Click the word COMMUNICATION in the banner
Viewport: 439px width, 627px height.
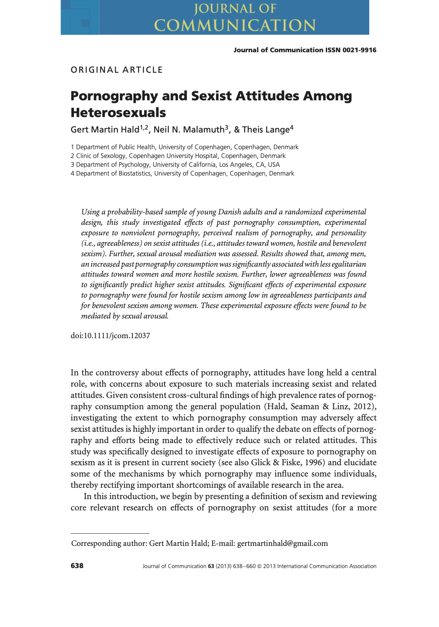click(x=235, y=26)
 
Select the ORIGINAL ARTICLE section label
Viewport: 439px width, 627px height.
click(x=117, y=70)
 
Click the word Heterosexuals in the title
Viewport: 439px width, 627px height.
click(x=118, y=112)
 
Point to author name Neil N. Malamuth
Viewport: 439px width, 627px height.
click(x=189, y=130)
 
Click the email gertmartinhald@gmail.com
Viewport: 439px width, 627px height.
click(x=282, y=543)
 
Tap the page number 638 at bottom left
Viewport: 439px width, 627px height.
click(x=77, y=566)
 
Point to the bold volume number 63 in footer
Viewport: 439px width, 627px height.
click(x=211, y=566)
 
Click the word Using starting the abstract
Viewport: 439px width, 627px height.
click(x=90, y=212)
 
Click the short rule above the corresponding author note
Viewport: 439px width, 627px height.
click(x=110, y=533)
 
